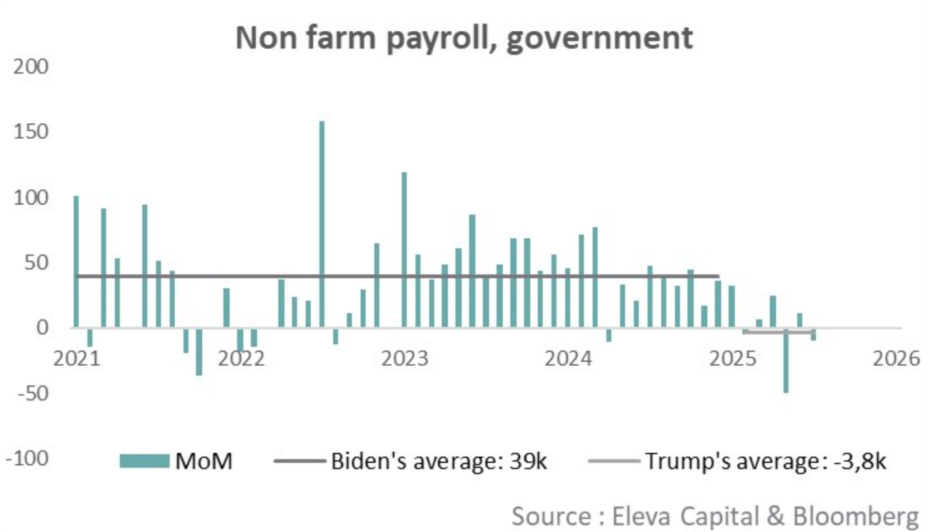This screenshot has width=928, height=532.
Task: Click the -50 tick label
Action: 33,393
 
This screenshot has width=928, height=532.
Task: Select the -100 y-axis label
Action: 27,459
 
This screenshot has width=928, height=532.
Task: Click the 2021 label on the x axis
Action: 77,359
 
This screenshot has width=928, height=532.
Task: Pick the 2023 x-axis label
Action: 405,359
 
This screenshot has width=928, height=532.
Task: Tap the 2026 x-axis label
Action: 896,359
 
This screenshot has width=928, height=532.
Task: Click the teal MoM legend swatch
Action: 144,461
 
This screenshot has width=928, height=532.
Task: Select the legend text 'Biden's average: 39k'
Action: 439,461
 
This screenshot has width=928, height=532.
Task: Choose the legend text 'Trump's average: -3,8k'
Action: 765,461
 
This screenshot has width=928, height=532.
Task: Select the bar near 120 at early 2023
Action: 404,250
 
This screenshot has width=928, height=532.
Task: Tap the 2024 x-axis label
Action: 568,359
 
